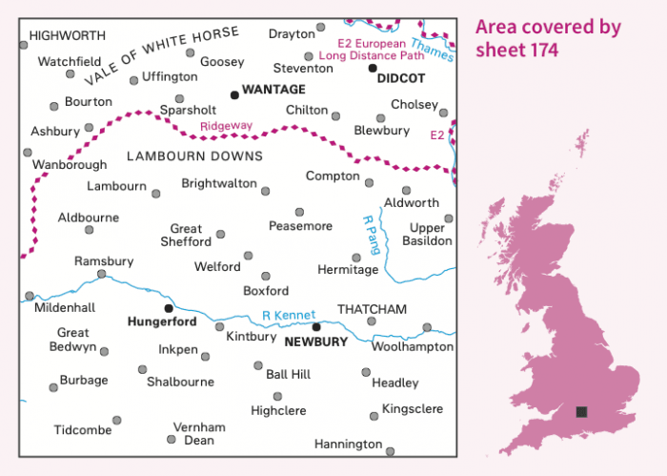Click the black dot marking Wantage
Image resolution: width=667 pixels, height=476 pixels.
pos(234,94)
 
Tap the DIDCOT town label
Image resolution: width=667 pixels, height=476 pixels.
pos(400,80)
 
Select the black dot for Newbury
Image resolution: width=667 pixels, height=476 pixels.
pos(316,327)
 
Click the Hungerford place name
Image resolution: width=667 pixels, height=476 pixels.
pos(161,322)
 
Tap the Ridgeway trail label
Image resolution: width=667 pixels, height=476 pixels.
pos(226,125)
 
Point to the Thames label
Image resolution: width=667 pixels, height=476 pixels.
pos(430,44)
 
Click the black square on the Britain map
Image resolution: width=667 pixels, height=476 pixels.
pos(581,412)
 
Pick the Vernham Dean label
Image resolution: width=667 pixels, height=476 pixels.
pos(199,433)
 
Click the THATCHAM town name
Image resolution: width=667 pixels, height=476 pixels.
pos(373,309)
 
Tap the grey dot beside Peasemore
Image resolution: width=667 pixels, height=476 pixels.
pos(299,212)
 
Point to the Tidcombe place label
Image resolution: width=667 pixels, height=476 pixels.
pos(83,430)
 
